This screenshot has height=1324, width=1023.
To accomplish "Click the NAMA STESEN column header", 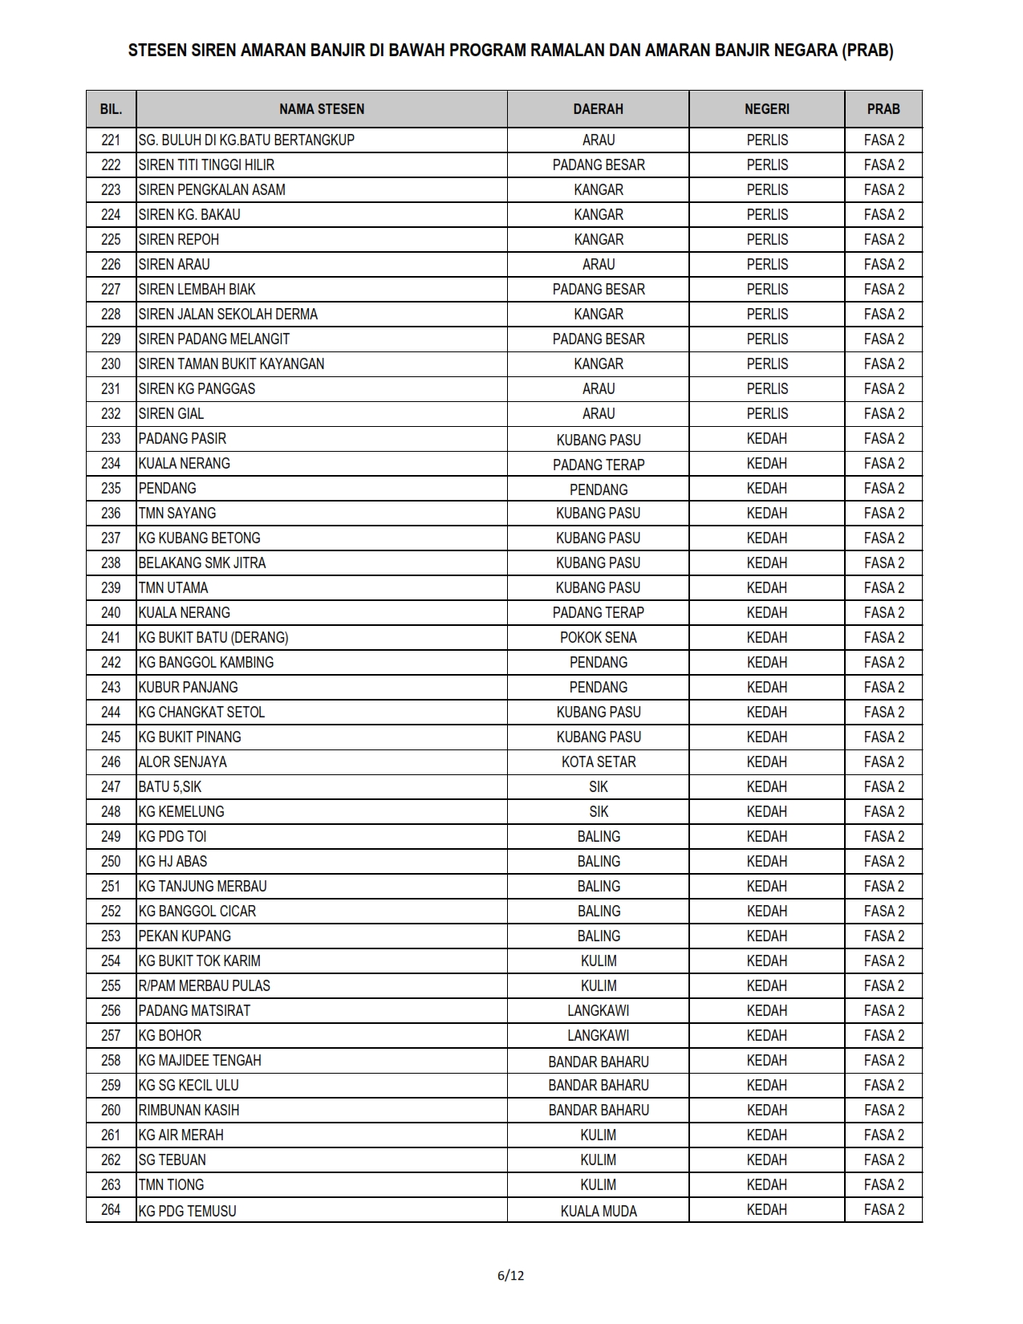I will (x=321, y=109).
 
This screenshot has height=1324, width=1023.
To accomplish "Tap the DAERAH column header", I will (x=598, y=109).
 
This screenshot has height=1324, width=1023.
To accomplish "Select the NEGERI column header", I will (x=766, y=109).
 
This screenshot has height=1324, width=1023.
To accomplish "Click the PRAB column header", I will (x=883, y=109).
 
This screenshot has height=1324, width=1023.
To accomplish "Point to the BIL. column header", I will (x=111, y=109).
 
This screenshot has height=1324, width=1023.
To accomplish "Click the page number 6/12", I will (x=510, y=1275).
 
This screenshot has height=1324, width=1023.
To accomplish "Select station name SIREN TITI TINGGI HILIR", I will (x=206, y=165).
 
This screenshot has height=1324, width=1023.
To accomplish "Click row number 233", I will (x=111, y=439).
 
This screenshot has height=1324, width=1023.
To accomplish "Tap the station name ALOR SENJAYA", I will (x=182, y=762).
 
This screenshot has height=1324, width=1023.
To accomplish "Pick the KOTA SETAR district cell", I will (x=598, y=762).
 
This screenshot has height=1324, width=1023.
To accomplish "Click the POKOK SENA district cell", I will (x=598, y=638).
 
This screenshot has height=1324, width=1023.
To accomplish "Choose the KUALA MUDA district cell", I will (x=598, y=1211).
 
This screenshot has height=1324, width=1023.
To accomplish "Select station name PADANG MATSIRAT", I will (x=194, y=1011).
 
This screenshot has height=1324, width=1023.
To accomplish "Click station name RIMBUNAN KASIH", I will (x=189, y=1111).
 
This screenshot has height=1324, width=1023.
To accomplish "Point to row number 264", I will (x=111, y=1210).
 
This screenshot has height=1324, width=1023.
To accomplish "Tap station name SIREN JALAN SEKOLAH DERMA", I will (x=228, y=315).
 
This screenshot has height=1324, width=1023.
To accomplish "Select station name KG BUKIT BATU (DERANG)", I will (x=213, y=638).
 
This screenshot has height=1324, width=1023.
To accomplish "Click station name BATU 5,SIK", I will (x=169, y=787).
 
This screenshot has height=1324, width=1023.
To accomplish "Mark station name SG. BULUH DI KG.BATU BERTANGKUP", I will (x=246, y=140).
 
